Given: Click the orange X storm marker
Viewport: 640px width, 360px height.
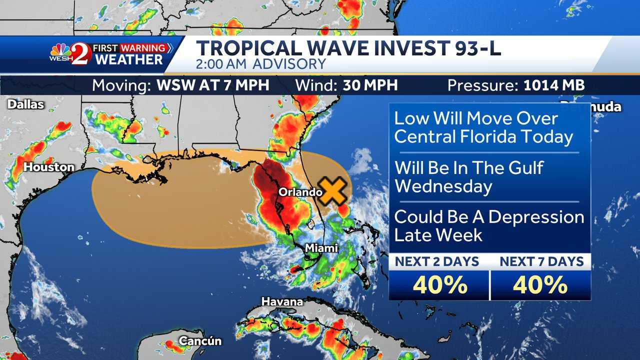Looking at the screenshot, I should point(333,191).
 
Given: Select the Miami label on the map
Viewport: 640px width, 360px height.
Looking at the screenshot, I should point(321,248).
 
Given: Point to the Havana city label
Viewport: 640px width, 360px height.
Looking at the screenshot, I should point(282,302).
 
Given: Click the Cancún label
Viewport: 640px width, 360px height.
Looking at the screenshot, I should point(200,341).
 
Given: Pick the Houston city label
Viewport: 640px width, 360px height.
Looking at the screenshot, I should point(49,167).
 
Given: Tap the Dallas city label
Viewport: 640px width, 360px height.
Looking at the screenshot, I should point(25,104).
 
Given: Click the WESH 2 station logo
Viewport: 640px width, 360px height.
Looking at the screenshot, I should point(70,54).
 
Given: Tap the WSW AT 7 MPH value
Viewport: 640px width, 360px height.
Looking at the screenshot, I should point(213,85).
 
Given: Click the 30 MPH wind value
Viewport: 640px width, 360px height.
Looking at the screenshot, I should point(370,85).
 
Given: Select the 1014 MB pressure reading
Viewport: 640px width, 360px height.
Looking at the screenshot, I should point(554,85).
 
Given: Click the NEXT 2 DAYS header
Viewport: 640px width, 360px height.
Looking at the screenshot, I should point(437,261).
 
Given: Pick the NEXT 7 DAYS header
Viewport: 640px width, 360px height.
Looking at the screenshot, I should point(541,261).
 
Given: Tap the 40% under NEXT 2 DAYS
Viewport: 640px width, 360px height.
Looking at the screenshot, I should point(440,285).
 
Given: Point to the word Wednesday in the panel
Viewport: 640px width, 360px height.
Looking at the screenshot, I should point(443,186).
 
